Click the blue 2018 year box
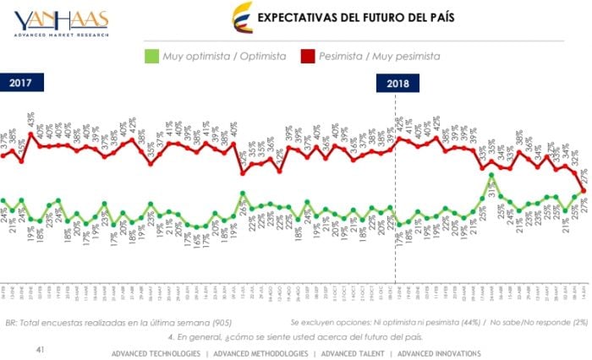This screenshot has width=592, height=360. [x=397, y=83]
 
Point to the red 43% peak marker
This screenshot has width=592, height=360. [x=31, y=134]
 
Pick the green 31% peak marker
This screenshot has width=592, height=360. [x=491, y=176]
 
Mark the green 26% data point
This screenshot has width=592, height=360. [x=244, y=194]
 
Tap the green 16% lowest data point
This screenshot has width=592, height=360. [x=197, y=226]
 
